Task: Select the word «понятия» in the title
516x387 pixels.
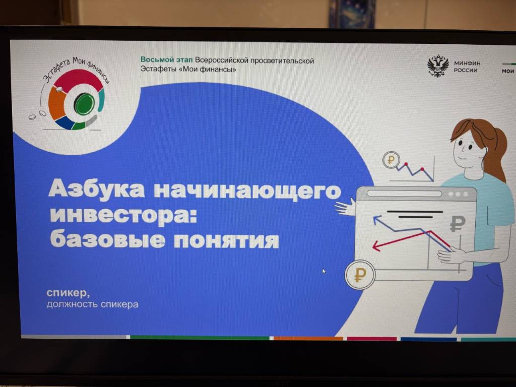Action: [226, 240]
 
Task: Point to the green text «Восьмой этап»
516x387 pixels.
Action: [166, 59]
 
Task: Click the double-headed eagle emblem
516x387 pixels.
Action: [438, 67]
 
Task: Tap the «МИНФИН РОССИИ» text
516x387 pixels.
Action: [467, 67]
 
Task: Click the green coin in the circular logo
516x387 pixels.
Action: [84, 104]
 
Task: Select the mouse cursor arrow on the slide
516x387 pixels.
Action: [324, 271]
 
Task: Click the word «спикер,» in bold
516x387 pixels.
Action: [68, 293]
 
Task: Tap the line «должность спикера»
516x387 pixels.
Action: [93, 304]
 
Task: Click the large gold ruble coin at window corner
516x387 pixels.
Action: [360, 275]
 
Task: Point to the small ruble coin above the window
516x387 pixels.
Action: [391, 160]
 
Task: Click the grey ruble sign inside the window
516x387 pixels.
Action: [458, 223]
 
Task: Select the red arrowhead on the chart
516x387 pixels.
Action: [376, 246]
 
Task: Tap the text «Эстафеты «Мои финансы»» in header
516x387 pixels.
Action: [188, 69]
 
